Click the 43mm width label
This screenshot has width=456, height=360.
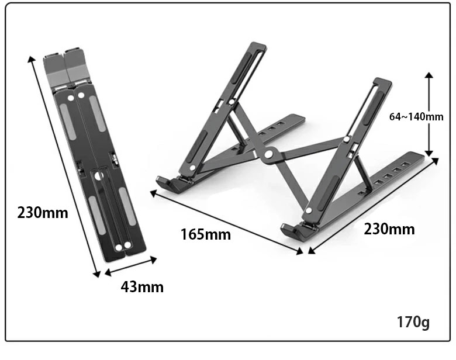(x=142, y=287)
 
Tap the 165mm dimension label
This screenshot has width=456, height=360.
(x=206, y=234)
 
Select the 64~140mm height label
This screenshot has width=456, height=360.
(x=416, y=117)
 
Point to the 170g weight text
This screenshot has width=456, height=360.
(x=413, y=322)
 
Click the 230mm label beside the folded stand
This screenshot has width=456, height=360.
(x=43, y=213)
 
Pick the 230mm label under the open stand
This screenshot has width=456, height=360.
(x=389, y=229)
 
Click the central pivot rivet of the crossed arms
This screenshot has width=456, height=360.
(x=268, y=154)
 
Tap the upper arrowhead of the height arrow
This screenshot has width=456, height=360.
(x=429, y=75)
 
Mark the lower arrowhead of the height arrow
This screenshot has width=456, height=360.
(x=429, y=153)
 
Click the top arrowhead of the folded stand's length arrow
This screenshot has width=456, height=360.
(x=31, y=59)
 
